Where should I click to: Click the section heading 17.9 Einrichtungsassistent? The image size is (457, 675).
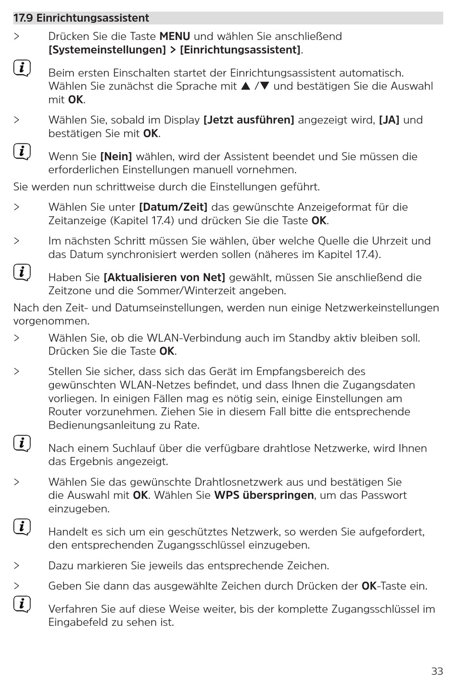pyautogui.click(x=81, y=18)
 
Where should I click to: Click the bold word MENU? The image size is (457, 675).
pyautogui.click(x=175, y=37)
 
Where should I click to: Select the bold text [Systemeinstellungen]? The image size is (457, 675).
pyautogui.click(x=107, y=50)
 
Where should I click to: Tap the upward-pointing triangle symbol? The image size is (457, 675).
pyautogui.click(x=246, y=87)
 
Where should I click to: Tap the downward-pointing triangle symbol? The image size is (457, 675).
pyautogui.click(x=264, y=87)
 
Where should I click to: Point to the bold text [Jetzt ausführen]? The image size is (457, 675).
pyautogui.click(x=249, y=120)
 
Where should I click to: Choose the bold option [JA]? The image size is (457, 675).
pyautogui.click(x=389, y=120)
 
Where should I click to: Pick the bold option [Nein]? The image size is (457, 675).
pyautogui.click(x=116, y=157)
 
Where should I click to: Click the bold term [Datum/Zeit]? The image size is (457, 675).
pyautogui.click(x=173, y=208)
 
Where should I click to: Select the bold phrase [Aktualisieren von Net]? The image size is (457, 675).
pyautogui.click(x=165, y=278)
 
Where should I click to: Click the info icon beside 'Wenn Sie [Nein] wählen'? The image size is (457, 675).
pyautogui.click(x=22, y=152)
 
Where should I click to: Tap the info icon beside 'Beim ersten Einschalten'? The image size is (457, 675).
pyautogui.click(x=22, y=68)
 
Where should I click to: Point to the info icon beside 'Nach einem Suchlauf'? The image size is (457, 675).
pyautogui.click(x=22, y=443)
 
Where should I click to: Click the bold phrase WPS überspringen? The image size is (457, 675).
pyautogui.click(x=264, y=495)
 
